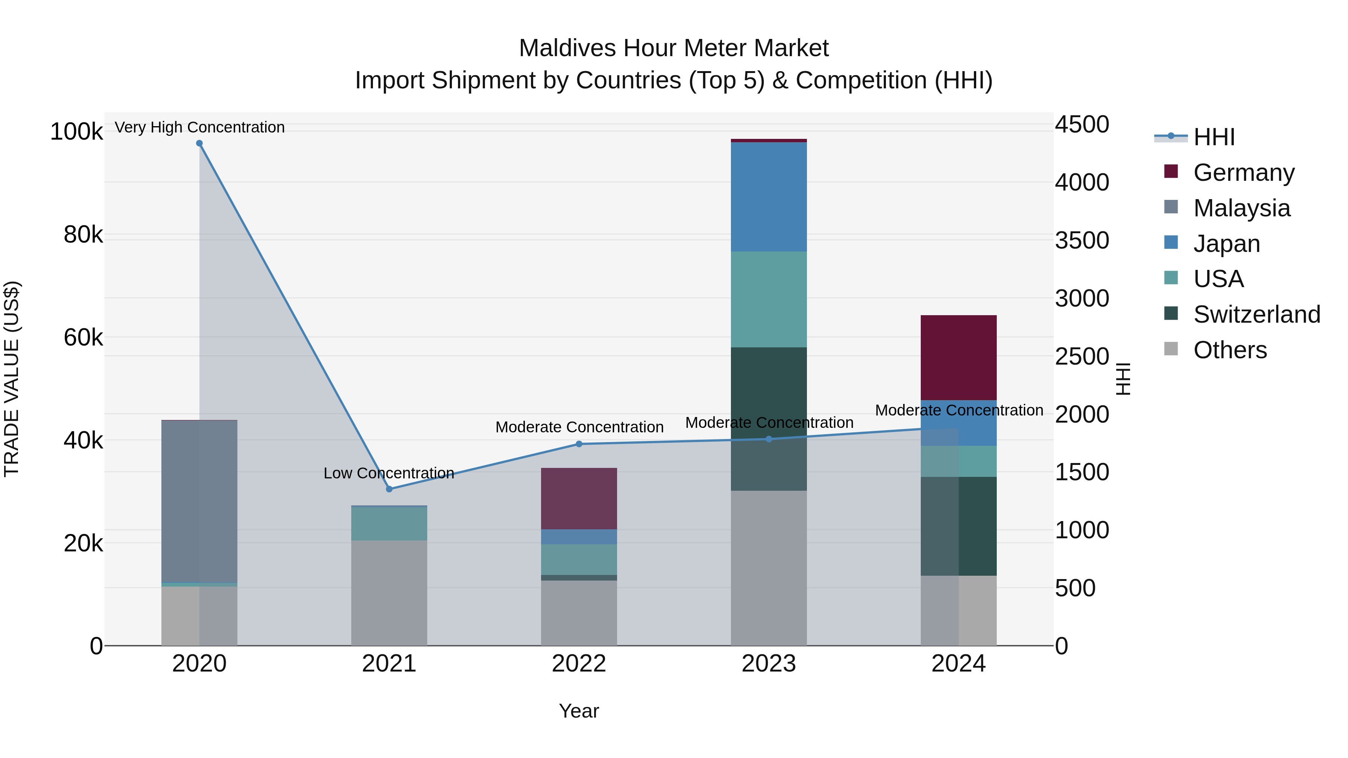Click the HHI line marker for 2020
click(x=199, y=143)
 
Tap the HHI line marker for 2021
click(x=389, y=489)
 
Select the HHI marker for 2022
click(x=579, y=444)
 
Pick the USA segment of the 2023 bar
click(x=768, y=299)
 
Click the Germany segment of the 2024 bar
click(x=958, y=357)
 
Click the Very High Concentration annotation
click(x=199, y=127)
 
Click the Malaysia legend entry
click(x=1241, y=208)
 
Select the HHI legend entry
click(x=1214, y=137)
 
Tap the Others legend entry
click(x=1230, y=350)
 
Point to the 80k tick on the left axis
click(x=83, y=235)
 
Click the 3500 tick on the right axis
click(x=1081, y=241)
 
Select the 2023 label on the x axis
click(x=768, y=664)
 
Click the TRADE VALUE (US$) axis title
click(x=12, y=379)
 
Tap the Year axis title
click(x=579, y=711)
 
